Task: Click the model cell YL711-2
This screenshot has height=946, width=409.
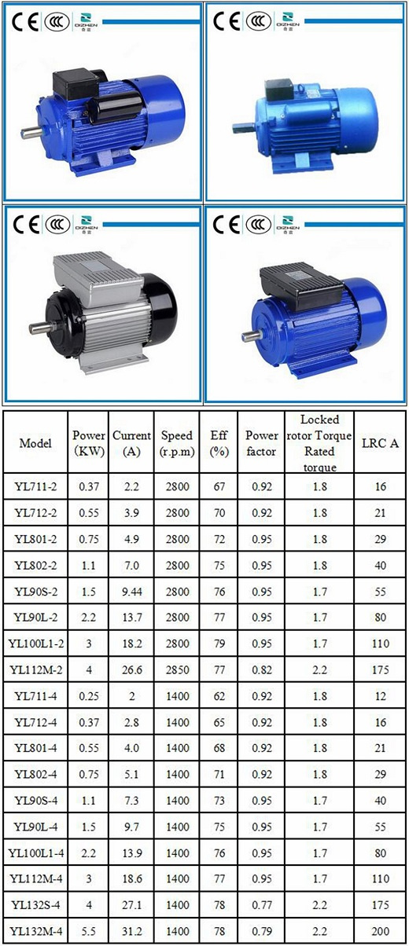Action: [x=35, y=486]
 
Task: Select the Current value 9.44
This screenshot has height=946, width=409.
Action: [x=131, y=592]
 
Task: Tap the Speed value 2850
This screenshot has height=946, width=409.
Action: [x=177, y=669]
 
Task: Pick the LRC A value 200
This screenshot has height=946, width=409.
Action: [x=380, y=931]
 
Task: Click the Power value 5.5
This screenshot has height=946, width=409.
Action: [x=88, y=931]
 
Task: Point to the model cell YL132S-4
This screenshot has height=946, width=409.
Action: [x=35, y=905]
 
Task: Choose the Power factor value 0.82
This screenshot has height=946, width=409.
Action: [x=262, y=669]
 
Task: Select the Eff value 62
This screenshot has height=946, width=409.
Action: [x=219, y=696]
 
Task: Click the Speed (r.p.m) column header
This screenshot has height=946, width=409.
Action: [x=177, y=443]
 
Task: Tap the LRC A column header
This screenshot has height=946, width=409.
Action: [x=380, y=443]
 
